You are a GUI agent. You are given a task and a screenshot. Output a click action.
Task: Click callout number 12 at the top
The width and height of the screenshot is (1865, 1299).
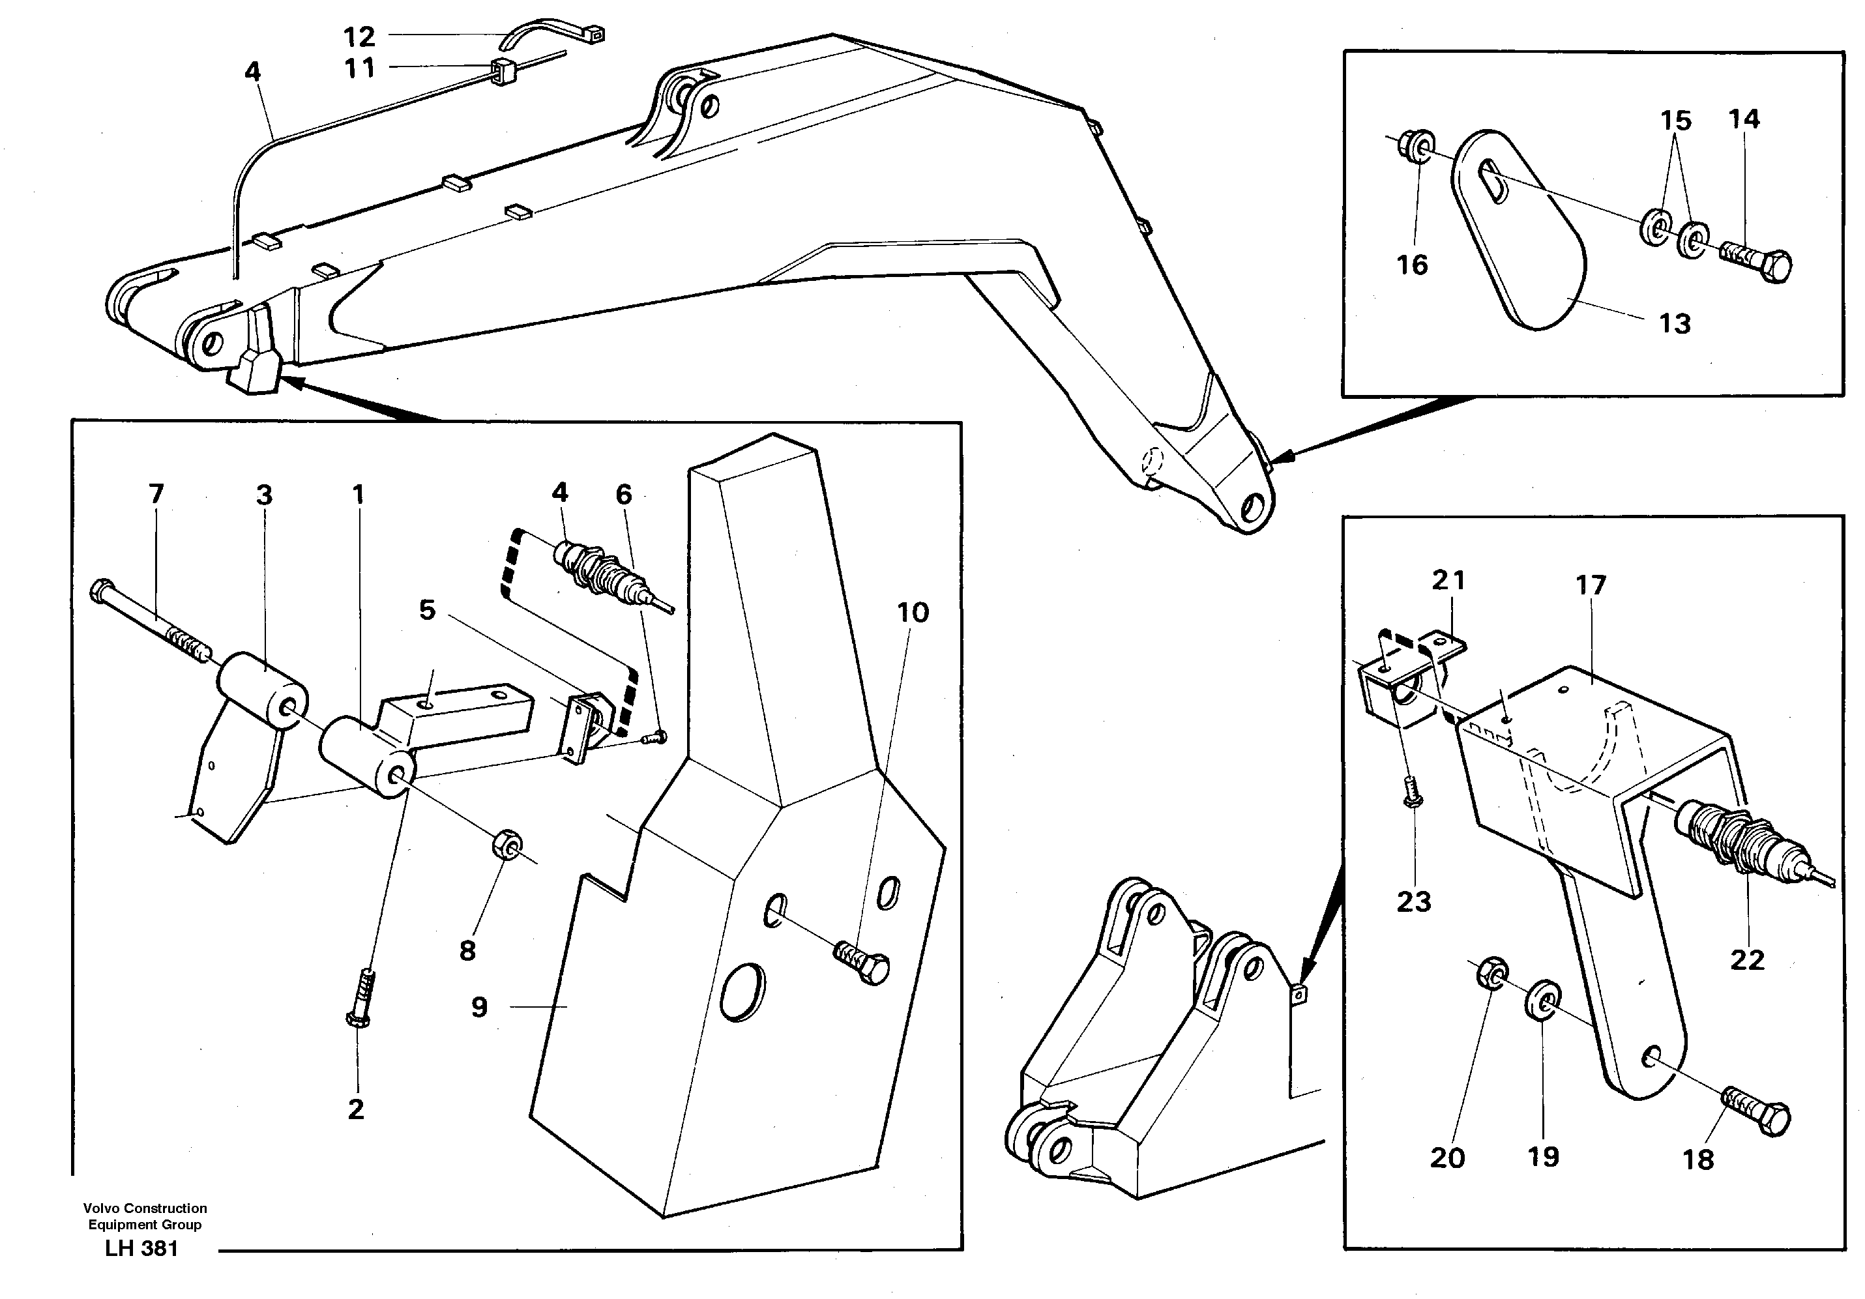[x=359, y=36]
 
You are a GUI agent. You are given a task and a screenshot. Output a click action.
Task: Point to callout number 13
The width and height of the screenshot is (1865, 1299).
[x=1674, y=323]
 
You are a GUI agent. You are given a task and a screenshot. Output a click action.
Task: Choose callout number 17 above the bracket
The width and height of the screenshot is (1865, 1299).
[x=1591, y=585]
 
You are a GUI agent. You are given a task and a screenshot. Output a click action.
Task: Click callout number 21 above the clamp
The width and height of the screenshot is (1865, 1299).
[x=1448, y=580]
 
